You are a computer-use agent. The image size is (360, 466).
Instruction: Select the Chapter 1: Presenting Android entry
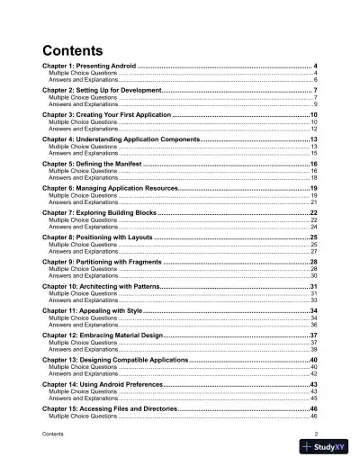tap(88, 67)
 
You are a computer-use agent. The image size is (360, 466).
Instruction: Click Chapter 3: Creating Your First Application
tap(106, 115)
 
